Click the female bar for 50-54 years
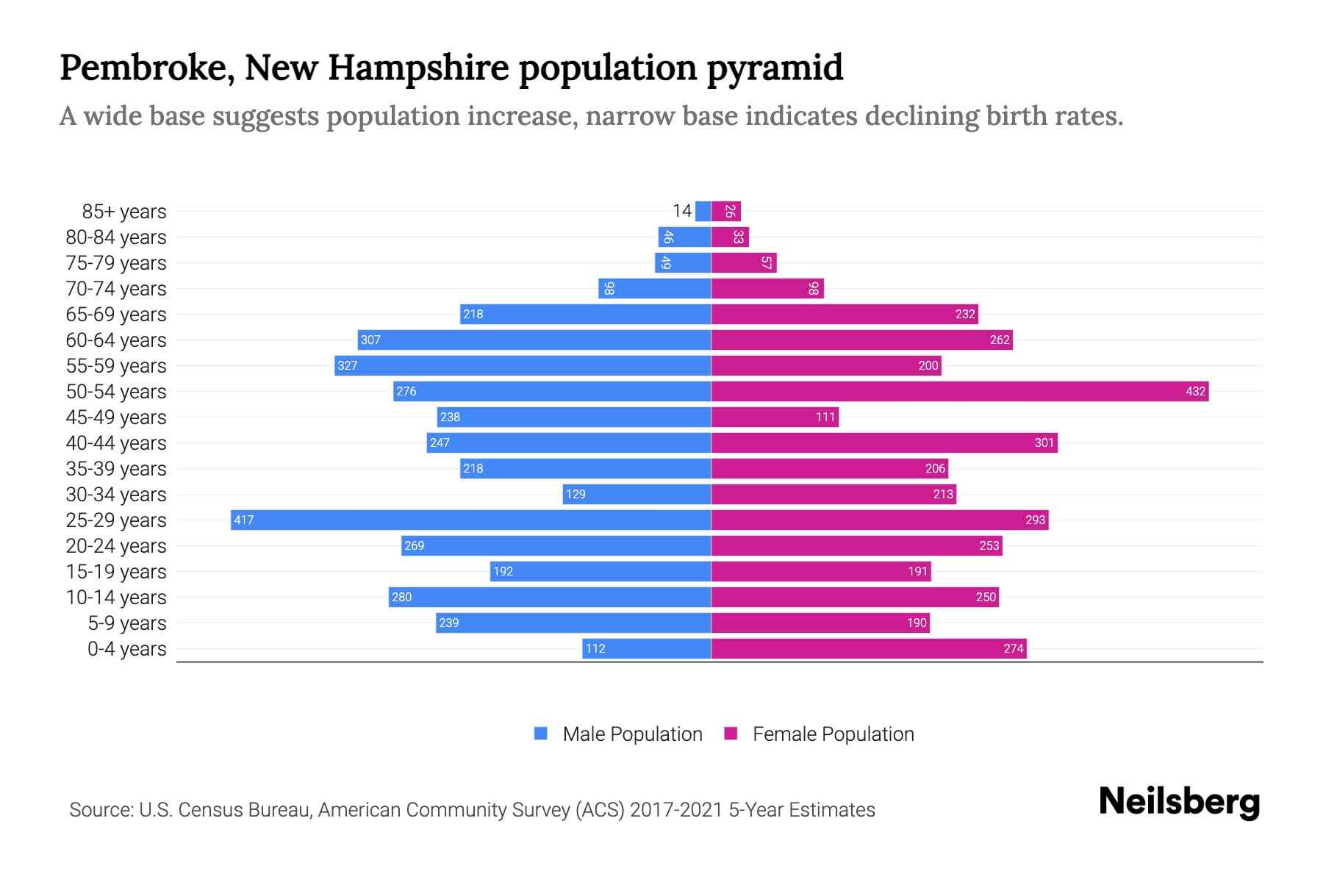pyautogui.click(x=959, y=391)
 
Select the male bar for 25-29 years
pyautogui.click(x=470, y=520)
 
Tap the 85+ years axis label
pyautogui.click(x=123, y=212)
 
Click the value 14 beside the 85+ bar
pyautogui.click(x=681, y=211)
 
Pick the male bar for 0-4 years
pyautogui.click(x=647, y=648)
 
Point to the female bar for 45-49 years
pyautogui.click(x=775, y=417)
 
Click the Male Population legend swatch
pyautogui.click(x=541, y=734)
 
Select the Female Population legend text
pyautogui.click(x=833, y=734)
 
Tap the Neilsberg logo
pyautogui.click(x=1179, y=802)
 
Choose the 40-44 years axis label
pyautogui.click(x=116, y=443)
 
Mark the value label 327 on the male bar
pyautogui.click(x=347, y=365)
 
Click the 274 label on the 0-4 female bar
pyautogui.click(x=1013, y=648)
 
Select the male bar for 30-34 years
pyautogui.click(x=637, y=494)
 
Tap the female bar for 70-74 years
pyautogui.click(x=767, y=288)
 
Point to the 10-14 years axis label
pyautogui.click(x=116, y=598)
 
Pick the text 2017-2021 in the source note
pyautogui.click(x=675, y=810)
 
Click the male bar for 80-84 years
pyautogui.click(x=684, y=237)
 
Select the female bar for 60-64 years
pyautogui.click(x=861, y=340)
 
